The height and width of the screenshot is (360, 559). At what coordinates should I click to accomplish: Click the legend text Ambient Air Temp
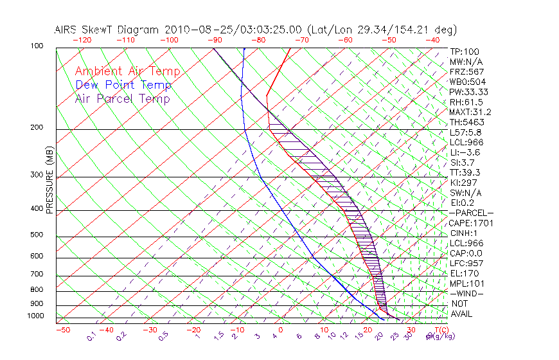tap(127, 71)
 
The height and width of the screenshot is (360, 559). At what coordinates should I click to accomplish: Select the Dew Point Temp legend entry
tap(123, 85)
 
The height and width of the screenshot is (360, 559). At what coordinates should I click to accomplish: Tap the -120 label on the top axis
tap(82, 40)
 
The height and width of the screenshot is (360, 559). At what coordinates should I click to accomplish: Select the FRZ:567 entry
tap(467, 71)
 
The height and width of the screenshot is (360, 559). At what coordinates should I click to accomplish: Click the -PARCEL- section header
tap(471, 213)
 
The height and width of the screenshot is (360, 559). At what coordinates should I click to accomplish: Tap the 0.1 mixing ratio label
tap(91, 336)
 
